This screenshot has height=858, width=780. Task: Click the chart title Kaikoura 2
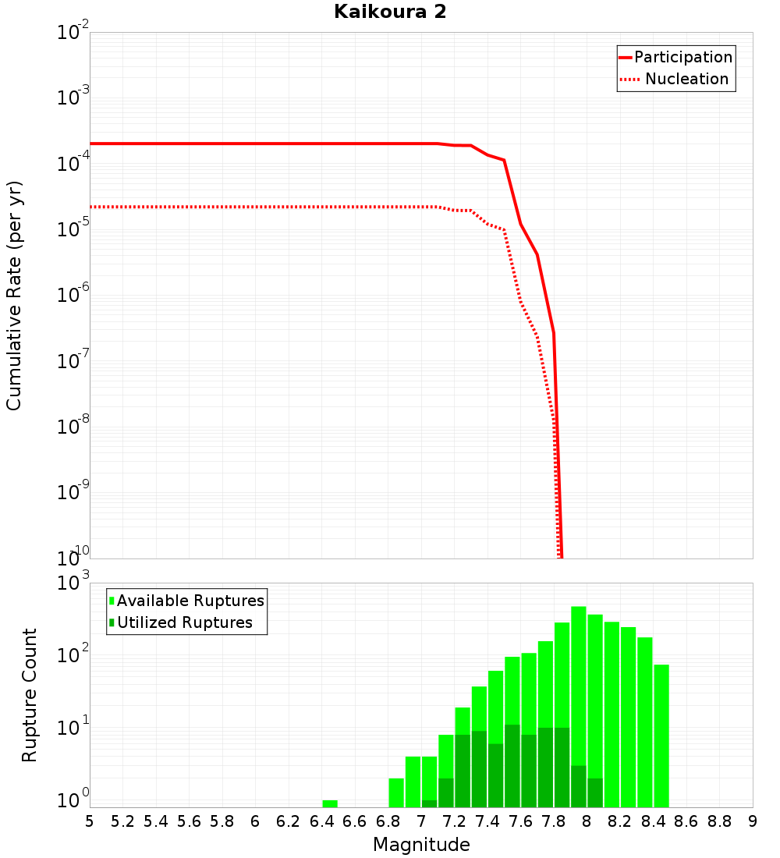pos(390,12)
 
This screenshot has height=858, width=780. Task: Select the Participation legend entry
pos(682,57)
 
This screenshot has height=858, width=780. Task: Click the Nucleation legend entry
pos(686,79)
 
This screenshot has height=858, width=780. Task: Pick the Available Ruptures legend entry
pos(190,601)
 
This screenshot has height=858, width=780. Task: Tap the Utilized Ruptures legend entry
pos(184,622)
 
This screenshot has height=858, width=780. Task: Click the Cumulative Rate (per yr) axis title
pos(14,296)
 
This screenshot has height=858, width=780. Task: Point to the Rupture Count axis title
pos(30,695)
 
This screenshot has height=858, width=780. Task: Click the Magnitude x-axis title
pos(421,845)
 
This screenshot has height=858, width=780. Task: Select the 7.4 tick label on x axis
pos(487,821)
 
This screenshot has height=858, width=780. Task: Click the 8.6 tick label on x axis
pos(686,821)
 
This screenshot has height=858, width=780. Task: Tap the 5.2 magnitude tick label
pos(122,821)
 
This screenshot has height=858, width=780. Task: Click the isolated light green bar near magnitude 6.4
pos(330,803)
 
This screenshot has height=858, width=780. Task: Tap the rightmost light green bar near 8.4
pos(661,733)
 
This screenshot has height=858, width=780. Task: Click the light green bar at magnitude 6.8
pos(396,792)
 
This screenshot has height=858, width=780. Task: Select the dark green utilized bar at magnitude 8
pos(595,792)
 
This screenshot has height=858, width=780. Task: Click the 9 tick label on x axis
pos(752,821)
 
